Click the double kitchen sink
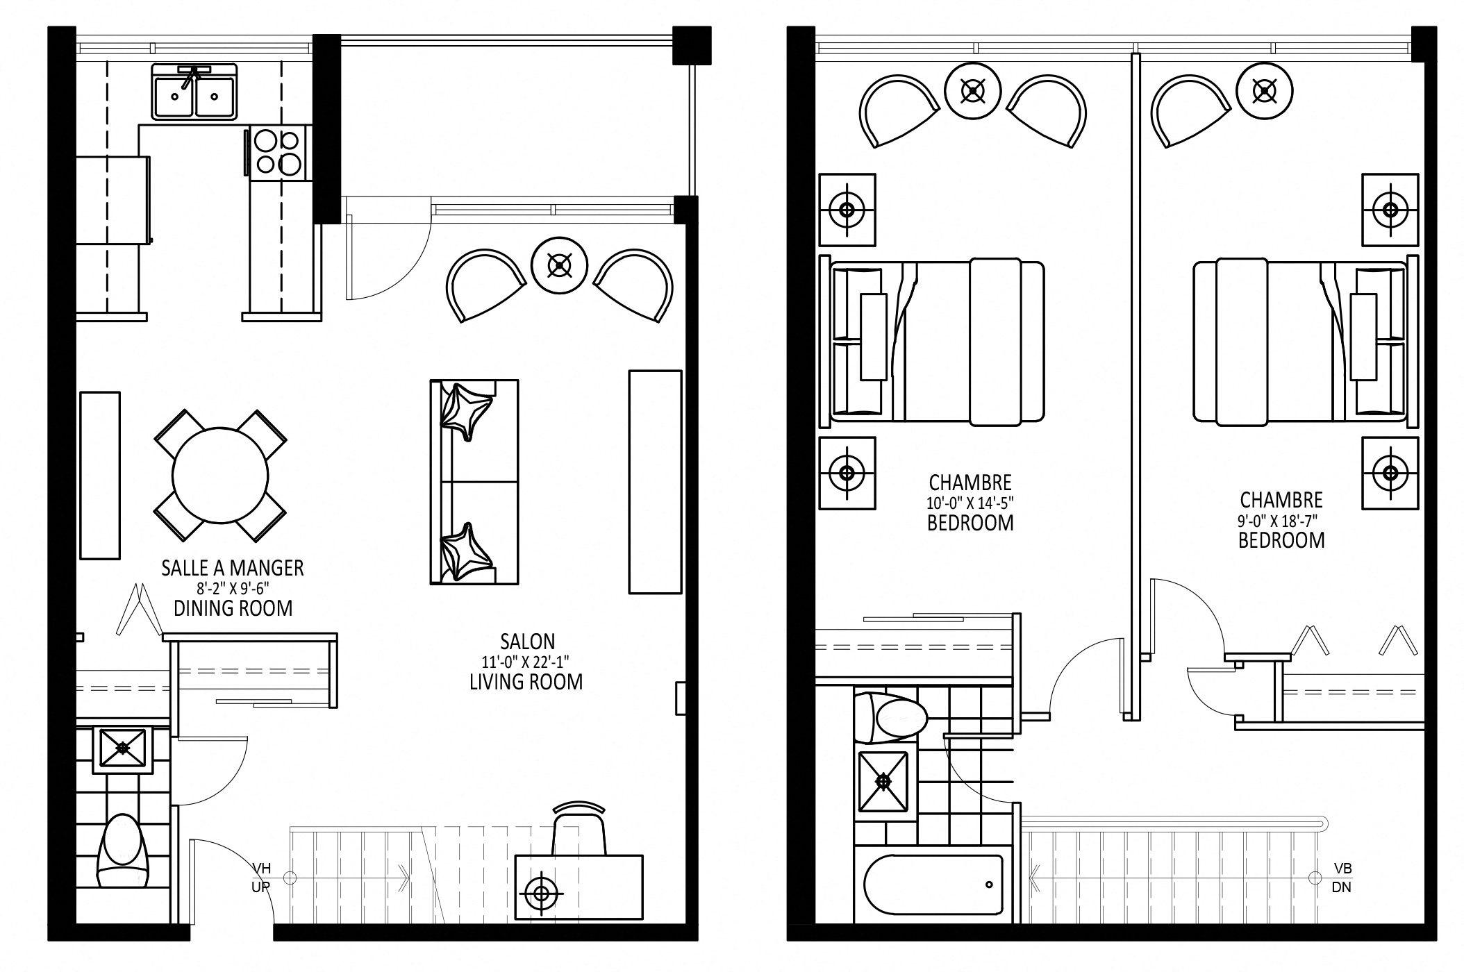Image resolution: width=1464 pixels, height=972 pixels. [x=194, y=92]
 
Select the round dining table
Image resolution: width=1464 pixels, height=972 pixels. [x=219, y=476]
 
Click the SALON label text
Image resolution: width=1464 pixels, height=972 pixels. [x=527, y=642]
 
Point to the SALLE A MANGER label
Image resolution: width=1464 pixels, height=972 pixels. [x=233, y=568]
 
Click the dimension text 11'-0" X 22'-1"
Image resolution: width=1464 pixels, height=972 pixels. [x=526, y=662]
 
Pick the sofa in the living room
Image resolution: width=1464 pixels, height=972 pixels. [x=474, y=482]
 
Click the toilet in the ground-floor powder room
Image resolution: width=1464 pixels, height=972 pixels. [x=124, y=850]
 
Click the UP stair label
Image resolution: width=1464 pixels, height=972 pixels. [x=260, y=887]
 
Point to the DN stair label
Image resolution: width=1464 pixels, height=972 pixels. [x=1342, y=887]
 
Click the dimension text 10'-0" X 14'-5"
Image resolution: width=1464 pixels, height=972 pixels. [x=970, y=503]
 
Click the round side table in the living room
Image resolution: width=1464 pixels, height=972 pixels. [x=560, y=265]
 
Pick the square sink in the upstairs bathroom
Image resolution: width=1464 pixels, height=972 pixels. [x=883, y=782]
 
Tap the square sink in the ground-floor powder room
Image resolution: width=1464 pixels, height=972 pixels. [x=123, y=748]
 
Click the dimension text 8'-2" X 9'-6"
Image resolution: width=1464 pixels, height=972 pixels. [x=233, y=589]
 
